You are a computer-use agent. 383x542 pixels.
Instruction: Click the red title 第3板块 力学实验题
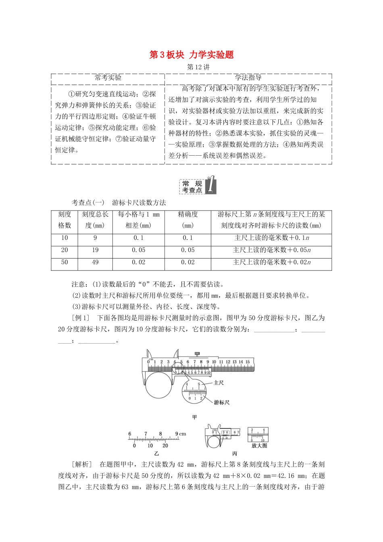pos(191,55)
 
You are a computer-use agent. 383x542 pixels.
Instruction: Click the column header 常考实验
pos(108,78)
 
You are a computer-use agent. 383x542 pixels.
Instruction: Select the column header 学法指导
pos(248,78)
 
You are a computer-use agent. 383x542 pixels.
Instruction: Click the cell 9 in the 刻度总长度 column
pos(95,238)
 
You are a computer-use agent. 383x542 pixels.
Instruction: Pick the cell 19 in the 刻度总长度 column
pos(95,250)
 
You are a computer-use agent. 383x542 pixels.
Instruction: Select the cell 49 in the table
pos(95,262)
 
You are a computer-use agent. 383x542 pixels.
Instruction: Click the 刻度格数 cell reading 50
pos(65,262)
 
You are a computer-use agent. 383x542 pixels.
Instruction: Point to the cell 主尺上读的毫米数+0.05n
pos(271,250)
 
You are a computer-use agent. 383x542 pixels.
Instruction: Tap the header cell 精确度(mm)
pos(188,220)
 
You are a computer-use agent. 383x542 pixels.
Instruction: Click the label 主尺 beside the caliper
pos(219,382)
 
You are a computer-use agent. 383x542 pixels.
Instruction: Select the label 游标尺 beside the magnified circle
pos(222,402)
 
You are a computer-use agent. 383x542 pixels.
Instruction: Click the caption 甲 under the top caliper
pos(195,417)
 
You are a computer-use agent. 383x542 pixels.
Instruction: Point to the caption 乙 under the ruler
pos(156,453)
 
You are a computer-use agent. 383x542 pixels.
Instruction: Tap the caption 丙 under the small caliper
pos(235,453)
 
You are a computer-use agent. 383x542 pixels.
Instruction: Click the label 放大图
pos(259,446)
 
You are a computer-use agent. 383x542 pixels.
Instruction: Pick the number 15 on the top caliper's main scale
pos(248,362)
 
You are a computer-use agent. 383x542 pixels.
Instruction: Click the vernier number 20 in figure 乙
pos(165,446)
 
